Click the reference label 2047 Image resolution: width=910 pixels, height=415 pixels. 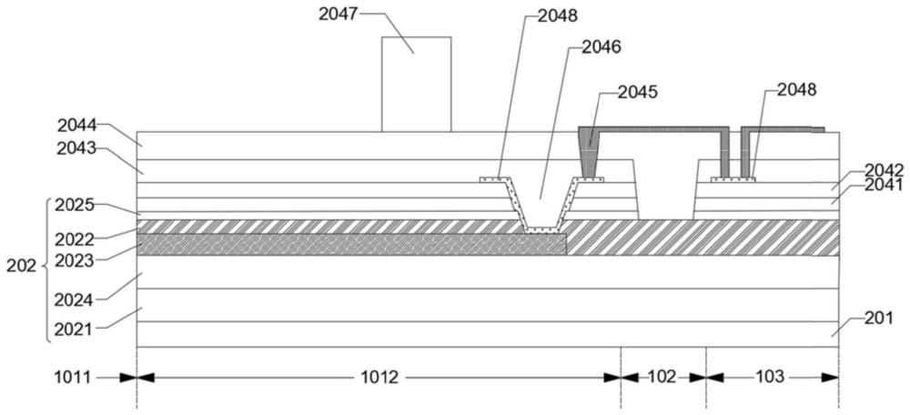click(x=338, y=14)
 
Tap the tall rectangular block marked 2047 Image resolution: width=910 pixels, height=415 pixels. click(x=416, y=84)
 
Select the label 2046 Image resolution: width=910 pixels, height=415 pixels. click(x=602, y=47)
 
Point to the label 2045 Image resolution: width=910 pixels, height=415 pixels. click(x=638, y=92)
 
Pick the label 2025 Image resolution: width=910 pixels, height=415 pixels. click(x=74, y=205)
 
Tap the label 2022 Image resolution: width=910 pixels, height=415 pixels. click(x=74, y=239)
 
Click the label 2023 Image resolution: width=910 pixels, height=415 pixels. click(x=74, y=260)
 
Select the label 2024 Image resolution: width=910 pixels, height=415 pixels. click(x=74, y=300)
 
